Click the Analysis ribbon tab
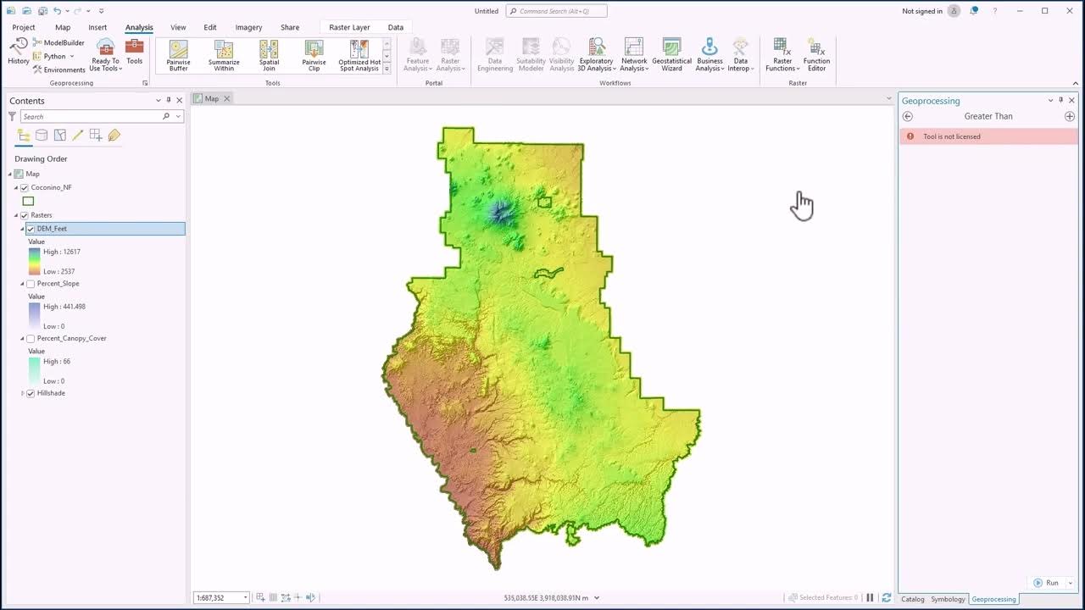pos(139,27)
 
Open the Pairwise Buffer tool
pos(178,55)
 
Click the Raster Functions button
pos(782,55)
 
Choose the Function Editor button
pos(816,55)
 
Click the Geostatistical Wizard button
pos(671,55)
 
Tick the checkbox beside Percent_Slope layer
pos(31,284)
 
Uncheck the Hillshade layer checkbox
pos(31,393)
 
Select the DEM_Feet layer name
pos(52,229)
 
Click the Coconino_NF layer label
pos(51,187)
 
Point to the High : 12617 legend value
pos(62,252)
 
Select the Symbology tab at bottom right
pos(948,599)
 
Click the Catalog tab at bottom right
pos(912,599)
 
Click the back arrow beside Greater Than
pos(908,116)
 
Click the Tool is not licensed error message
pos(952,136)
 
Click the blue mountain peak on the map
pos(502,212)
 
